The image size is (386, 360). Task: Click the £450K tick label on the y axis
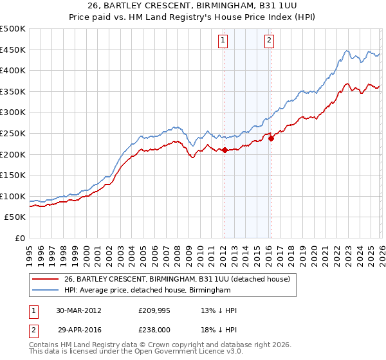(14, 50)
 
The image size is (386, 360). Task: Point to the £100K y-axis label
(14, 196)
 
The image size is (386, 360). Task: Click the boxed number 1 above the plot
(223, 40)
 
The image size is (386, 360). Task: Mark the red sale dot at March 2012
(225, 150)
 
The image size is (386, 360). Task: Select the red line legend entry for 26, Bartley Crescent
(178, 279)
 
